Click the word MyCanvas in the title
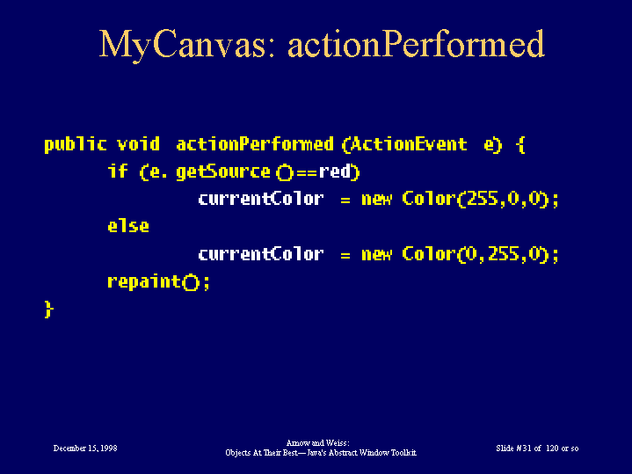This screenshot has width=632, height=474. (x=182, y=45)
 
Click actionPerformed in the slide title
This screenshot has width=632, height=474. (x=416, y=44)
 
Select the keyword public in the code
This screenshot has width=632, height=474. (x=76, y=145)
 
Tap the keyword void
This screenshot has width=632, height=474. (x=138, y=144)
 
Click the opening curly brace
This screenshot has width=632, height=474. (x=520, y=145)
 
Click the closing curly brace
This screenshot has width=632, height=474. (x=48, y=310)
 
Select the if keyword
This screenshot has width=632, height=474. (x=118, y=171)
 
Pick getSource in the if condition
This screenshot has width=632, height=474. (x=223, y=172)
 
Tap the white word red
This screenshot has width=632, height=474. (x=335, y=171)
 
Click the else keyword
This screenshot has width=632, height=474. (x=128, y=226)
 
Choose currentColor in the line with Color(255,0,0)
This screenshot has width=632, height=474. (x=261, y=199)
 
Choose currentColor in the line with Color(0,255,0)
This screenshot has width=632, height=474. (x=261, y=254)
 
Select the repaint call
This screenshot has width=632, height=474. (x=159, y=281)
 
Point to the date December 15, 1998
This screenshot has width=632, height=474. (x=85, y=448)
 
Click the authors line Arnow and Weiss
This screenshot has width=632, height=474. (x=317, y=443)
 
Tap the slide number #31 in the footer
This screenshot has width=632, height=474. (x=523, y=448)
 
